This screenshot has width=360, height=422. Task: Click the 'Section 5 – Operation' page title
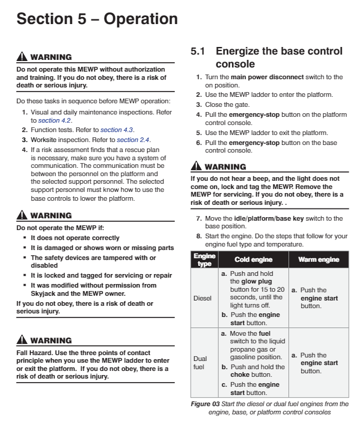(x=97, y=19)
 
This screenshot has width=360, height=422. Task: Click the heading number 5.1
(x=198, y=52)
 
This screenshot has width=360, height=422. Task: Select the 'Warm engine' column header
(x=319, y=259)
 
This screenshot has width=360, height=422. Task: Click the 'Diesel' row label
(x=202, y=298)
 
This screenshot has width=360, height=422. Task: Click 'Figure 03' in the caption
(x=206, y=404)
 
